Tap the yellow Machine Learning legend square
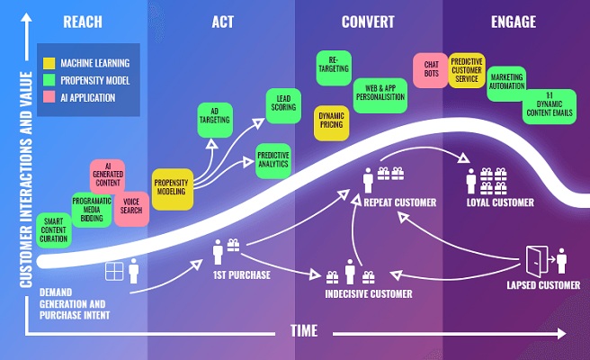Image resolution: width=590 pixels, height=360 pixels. click(50, 63)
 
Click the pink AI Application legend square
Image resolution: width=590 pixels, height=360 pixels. click(50, 97)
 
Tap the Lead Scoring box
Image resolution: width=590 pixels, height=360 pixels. click(283, 104)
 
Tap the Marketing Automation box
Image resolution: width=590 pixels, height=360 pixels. click(506, 82)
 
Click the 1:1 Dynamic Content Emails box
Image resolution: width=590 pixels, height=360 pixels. click(550, 106)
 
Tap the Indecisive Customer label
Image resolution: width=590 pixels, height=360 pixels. click(369, 293)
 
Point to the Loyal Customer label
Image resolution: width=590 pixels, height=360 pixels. click(500, 202)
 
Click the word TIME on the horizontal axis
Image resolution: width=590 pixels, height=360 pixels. click(303, 331)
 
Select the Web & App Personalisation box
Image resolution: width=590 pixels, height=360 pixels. click(377, 92)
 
